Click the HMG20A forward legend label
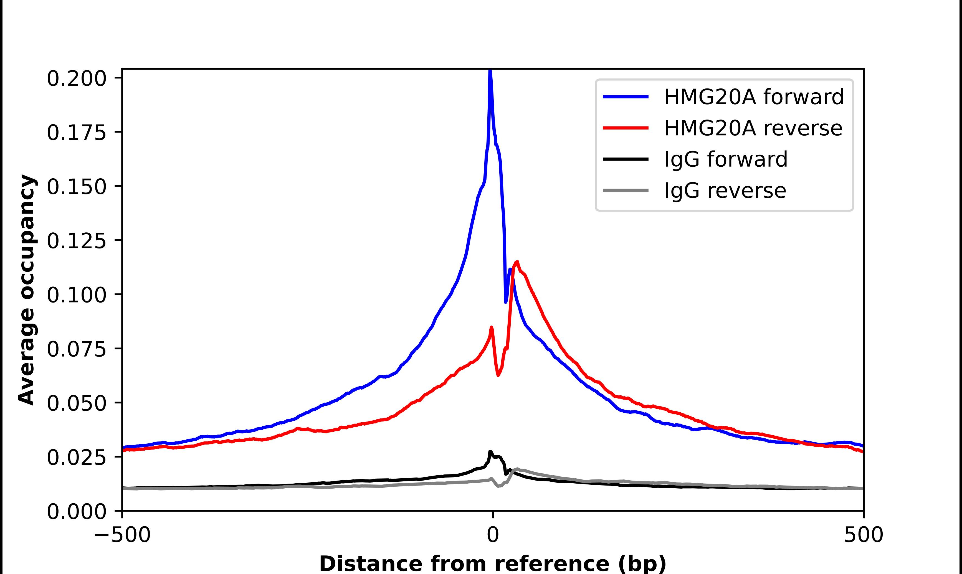[x=753, y=97]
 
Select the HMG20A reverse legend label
[x=753, y=128]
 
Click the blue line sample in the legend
[x=626, y=97]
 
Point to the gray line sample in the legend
[x=626, y=190]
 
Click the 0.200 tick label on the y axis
[x=76, y=78]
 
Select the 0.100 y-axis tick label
[x=76, y=295]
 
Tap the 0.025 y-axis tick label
[x=76, y=458]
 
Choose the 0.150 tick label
[x=76, y=187]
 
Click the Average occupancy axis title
[x=27, y=290]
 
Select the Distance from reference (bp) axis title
[x=492, y=563]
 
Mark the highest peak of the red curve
[x=517, y=262]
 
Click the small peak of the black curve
[x=490, y=451]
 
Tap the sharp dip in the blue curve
[x=506, y=302]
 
